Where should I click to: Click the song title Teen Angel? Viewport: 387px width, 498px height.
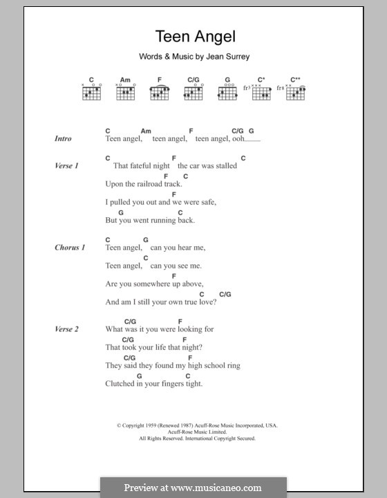(x=196, y=37)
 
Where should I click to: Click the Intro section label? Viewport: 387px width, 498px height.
(x=63, y=139)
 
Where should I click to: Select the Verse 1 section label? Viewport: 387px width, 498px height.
(x=66, y=166)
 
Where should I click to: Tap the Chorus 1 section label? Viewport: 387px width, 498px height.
(x=70, y=248)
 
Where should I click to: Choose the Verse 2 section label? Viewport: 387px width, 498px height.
(x=66, y=329)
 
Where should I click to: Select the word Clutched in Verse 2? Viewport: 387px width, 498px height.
(x=120, y=383)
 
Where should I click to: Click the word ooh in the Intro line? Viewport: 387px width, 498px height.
(x=240, y=139)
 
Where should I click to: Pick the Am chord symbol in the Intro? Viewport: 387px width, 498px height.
(x=145, y=131)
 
